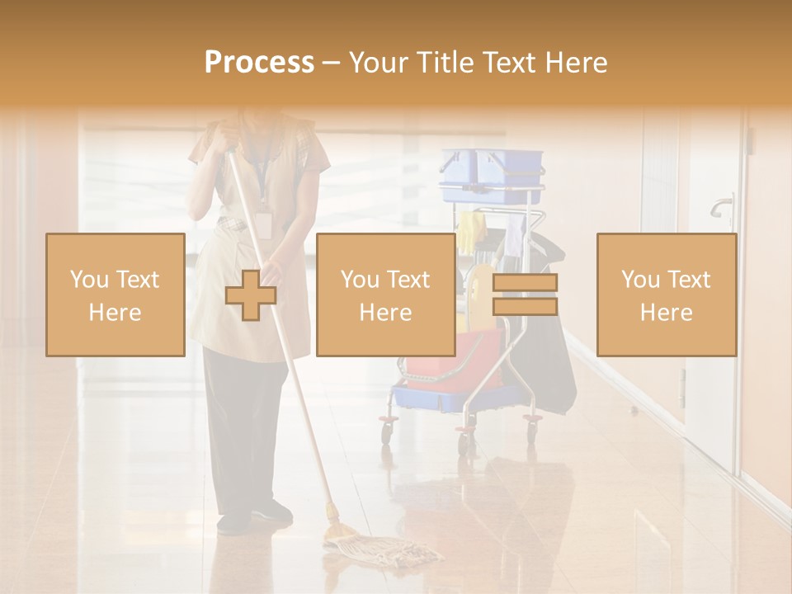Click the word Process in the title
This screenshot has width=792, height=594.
(259, 63)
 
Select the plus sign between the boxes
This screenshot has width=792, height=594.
(251, 295)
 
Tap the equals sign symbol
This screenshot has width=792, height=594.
(525, 295)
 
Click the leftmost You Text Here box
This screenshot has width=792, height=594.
(115, 295)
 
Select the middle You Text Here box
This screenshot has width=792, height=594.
(385, 295)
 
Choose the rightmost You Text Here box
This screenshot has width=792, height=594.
(666, 295)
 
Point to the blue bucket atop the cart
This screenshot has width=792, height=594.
(492, 175)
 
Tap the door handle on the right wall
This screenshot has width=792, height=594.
(723, 205)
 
